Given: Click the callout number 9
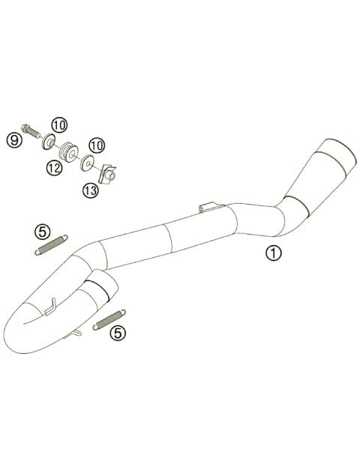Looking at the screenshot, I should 13,139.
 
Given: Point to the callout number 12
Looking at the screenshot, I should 52,169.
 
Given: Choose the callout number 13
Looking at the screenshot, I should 91,190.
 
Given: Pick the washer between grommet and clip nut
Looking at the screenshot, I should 88,160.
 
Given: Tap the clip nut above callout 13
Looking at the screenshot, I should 109,175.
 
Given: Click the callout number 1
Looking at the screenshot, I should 273,253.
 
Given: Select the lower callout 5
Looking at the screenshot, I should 118,332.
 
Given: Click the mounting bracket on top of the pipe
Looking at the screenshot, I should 209,205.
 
